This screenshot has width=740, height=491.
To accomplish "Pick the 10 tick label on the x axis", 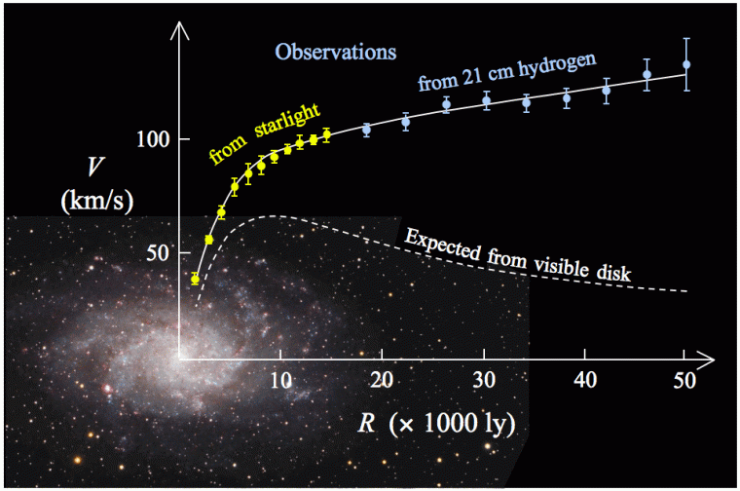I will click(x=280, y=380).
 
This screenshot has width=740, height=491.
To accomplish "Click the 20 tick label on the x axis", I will click(x=383, y=380).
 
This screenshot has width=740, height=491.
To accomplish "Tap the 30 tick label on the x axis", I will click(x=484, y=380).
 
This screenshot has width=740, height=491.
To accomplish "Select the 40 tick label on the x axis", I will click(x=585, y=380).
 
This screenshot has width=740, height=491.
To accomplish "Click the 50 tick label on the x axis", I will click(x=685, y=380).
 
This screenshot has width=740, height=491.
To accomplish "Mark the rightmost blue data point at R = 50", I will click(x=686, y=65).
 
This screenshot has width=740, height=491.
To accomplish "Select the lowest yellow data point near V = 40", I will click(x=195, y=279).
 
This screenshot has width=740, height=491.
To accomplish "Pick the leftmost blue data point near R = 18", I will click(x=367, y=129).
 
